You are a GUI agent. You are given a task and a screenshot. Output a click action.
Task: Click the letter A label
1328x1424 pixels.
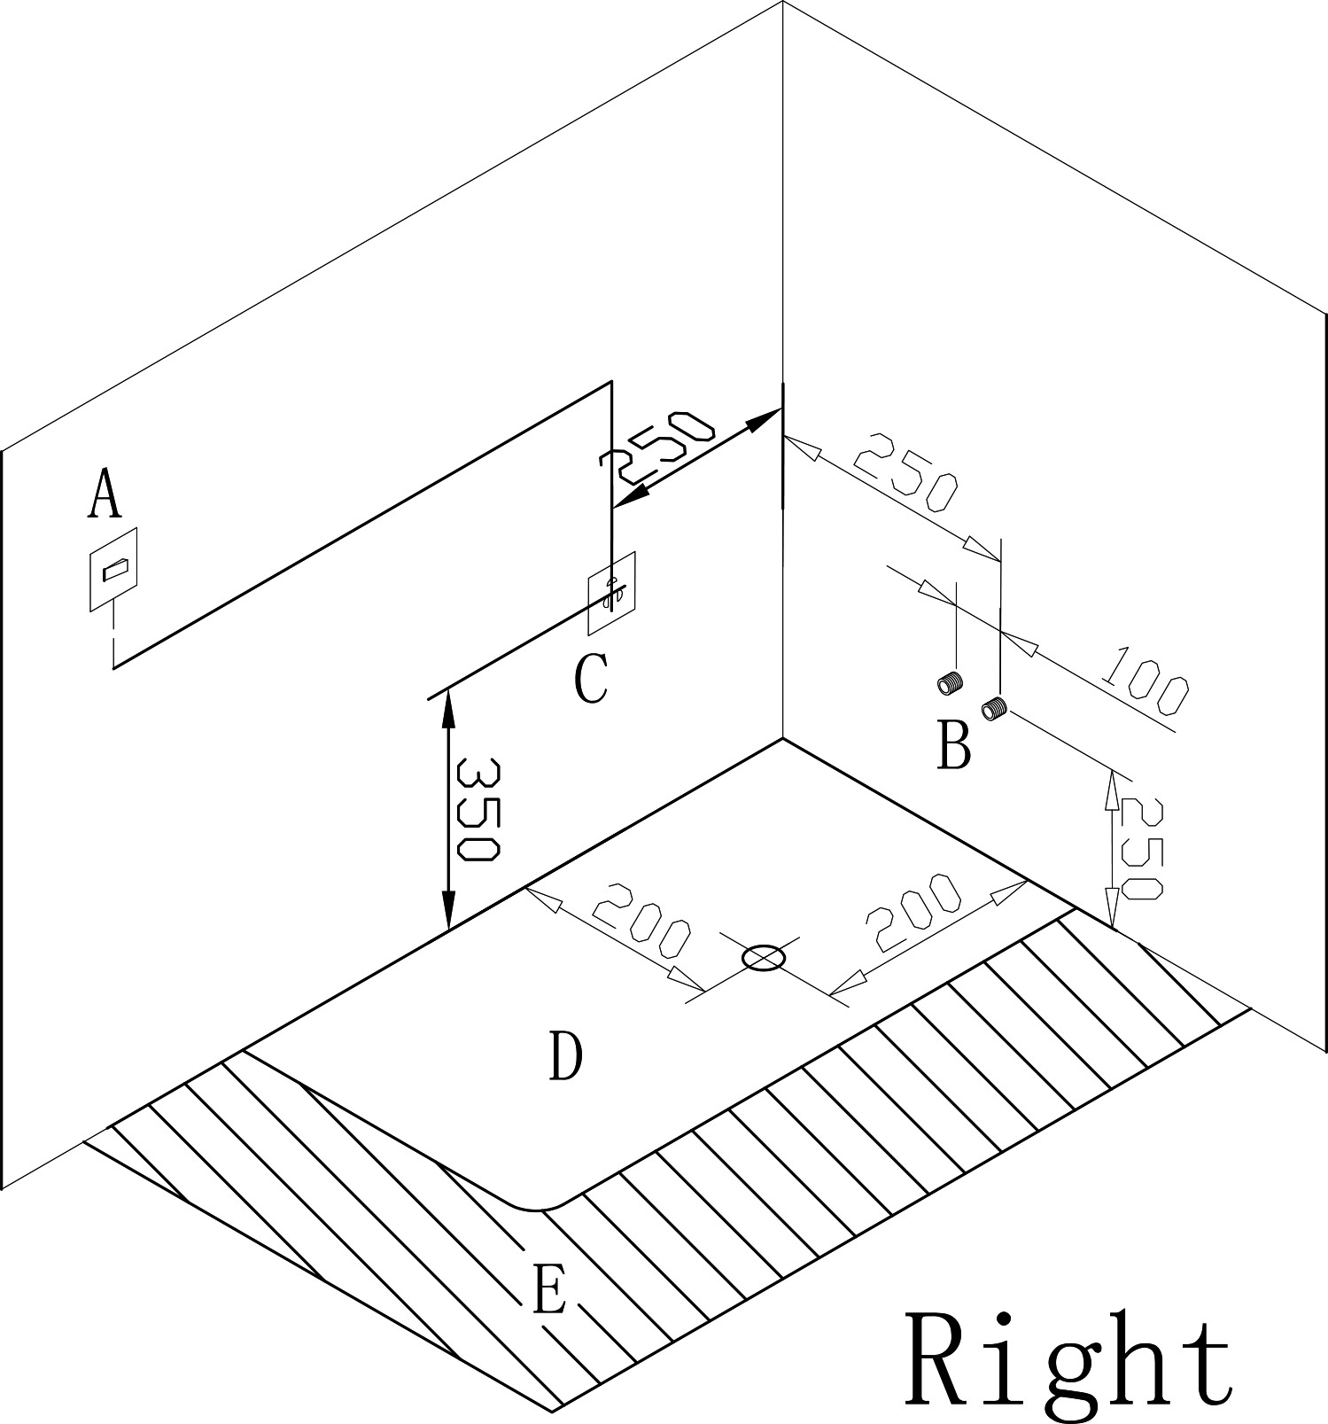105,494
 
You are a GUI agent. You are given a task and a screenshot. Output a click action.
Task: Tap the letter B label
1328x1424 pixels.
953,745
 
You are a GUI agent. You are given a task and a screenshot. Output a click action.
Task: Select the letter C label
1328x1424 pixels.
590,679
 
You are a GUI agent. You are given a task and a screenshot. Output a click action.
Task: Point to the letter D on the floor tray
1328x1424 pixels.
566,1056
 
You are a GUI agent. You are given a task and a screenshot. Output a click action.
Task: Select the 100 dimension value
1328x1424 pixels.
1145,681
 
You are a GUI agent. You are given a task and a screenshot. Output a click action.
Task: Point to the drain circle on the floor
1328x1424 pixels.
763,958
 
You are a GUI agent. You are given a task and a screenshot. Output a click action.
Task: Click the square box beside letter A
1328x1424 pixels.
114,569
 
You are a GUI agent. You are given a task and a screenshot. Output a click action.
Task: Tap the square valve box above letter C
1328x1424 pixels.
611,594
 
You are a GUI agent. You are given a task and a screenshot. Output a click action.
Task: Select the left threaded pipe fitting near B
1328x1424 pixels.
949,682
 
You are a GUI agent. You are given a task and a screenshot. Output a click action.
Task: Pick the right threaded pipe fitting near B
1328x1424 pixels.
994,708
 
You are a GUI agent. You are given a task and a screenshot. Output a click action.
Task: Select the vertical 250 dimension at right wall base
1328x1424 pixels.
1141,849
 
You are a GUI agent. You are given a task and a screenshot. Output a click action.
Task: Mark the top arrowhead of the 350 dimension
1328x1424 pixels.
447,706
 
